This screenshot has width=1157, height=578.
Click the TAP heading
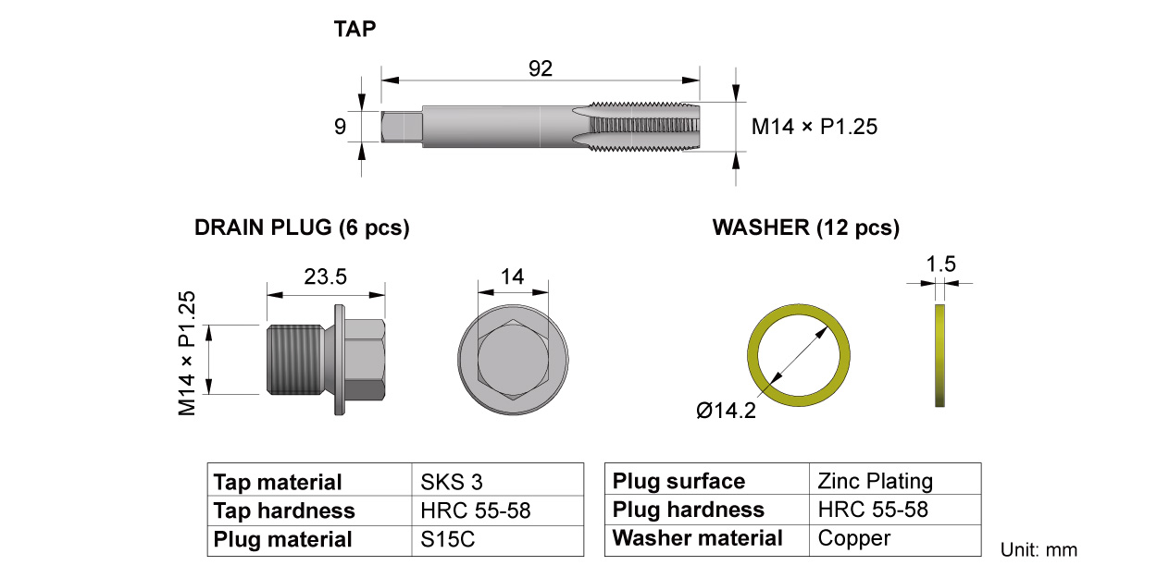(x=355, y=30)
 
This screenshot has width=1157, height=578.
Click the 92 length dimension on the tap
(x=541, y=68)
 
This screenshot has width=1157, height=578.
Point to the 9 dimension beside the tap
(x=340, y=127)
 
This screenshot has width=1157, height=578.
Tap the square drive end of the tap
(x=401, y=126)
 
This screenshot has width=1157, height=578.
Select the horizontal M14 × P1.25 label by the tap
(x=814, y=127)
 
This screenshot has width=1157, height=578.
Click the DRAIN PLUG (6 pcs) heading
(x=302, y=228)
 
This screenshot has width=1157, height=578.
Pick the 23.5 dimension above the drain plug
(x=326, y=277)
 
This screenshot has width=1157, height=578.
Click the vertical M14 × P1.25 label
(x=188, y=352)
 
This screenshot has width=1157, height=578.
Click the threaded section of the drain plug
(x=292, y=359)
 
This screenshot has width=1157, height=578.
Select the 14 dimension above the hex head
(x=512, y=276)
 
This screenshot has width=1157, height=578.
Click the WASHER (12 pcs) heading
(x=805, y=228)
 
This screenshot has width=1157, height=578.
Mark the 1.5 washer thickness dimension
(x=940, y=264)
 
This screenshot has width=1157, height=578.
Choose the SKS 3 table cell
(x=452, y=482)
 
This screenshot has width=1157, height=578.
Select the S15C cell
(x=447, y=539)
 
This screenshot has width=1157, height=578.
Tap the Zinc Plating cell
(x=876, y=481)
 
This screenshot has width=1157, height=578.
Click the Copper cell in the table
(x=853, y=538)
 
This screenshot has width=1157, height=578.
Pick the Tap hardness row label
(x=284, y=510)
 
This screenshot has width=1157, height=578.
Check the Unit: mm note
(x=1039, y=550)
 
